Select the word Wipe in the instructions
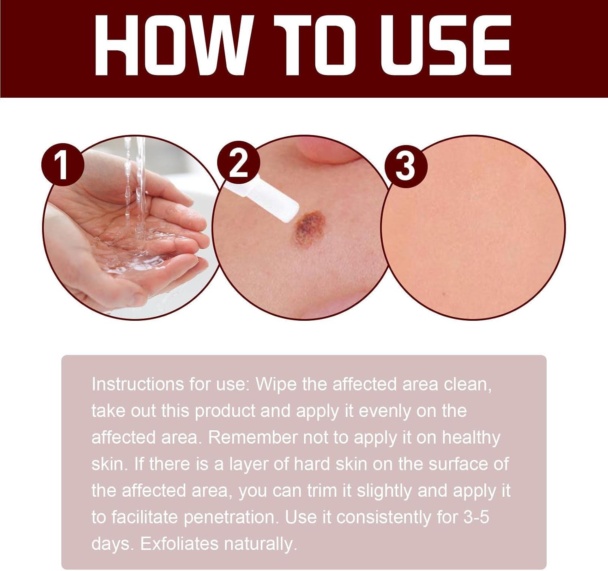point(276,384)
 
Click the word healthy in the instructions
point(471,438)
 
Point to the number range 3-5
point(475,517)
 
